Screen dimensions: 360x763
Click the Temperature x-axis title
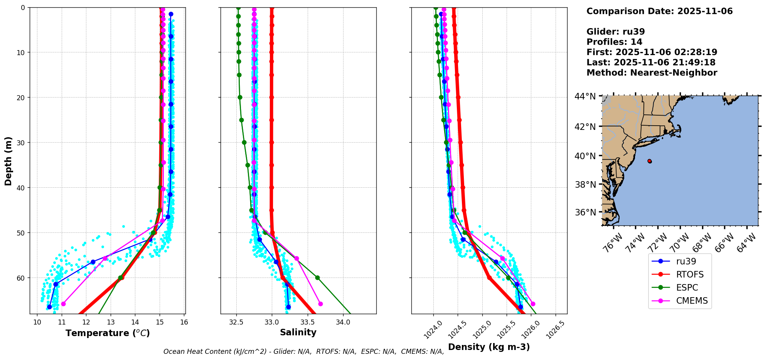point(108,333)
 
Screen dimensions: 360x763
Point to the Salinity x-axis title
point(298,332)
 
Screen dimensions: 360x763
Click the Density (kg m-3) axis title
point(489,347)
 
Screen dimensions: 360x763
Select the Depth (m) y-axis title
point(8,161)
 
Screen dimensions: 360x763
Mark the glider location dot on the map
point(650,161)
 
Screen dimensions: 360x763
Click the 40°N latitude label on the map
point(585,156)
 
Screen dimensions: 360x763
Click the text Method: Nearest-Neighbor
point(652,73)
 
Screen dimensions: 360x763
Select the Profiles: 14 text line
point(614,42)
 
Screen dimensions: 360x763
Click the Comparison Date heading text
point(659,11)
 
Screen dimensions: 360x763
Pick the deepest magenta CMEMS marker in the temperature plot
point(63,304)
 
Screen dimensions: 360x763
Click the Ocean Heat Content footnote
point(303,352)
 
